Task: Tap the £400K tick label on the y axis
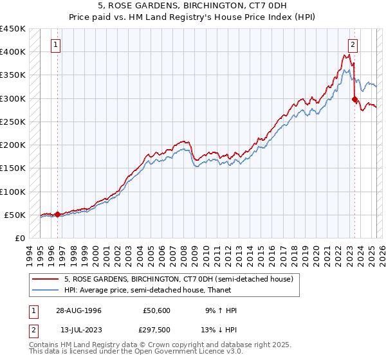coord(12,52)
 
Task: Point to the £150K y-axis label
coord(12,168)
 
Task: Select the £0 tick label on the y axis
coord(19,239)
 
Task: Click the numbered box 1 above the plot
coord(57,45)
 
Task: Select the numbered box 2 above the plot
coord(353,45)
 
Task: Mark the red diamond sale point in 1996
coord(57,215)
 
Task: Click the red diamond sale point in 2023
coord(354,100)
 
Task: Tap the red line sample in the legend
coord(46,279)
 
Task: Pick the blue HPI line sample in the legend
coord(46,290)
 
